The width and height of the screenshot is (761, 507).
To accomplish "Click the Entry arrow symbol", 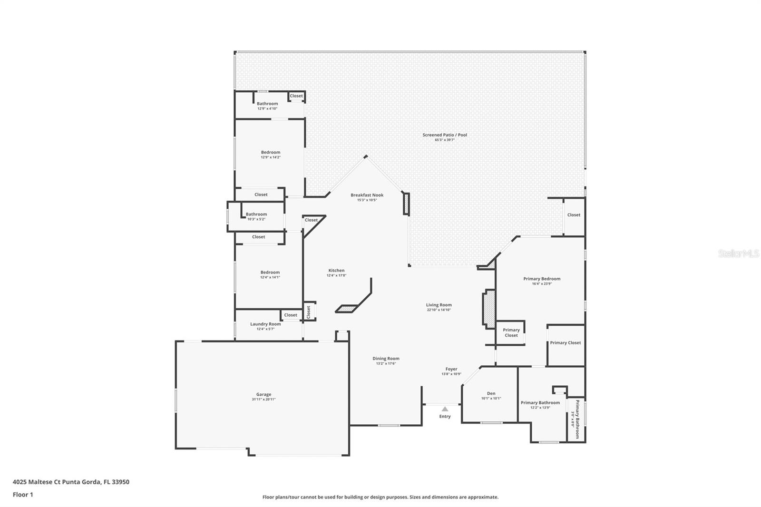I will click(445, 409).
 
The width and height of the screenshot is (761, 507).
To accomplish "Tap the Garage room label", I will click(263, 394).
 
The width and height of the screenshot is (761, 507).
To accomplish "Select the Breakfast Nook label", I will click(367, 195).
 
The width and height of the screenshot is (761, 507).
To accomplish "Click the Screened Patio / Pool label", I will click(445, 135).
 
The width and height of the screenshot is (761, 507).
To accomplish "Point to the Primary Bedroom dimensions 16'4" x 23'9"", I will click(542, 284).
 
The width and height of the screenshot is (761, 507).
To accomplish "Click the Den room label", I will click(491, 393).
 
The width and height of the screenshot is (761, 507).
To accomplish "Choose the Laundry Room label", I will click(265, 324).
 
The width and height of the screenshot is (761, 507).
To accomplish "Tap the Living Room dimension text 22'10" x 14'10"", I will click(439, 310).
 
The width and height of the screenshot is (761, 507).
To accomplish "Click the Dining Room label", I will click(386, 359).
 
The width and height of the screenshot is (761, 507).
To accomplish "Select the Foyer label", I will click(451, 369).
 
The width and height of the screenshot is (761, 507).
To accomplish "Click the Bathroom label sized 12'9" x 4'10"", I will click(267, 104).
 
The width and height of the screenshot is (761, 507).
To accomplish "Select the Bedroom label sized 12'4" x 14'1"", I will click(270, 273).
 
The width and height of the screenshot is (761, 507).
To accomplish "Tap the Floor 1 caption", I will click(23, 495).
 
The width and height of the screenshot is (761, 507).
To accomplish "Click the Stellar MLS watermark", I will click(738, 254).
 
